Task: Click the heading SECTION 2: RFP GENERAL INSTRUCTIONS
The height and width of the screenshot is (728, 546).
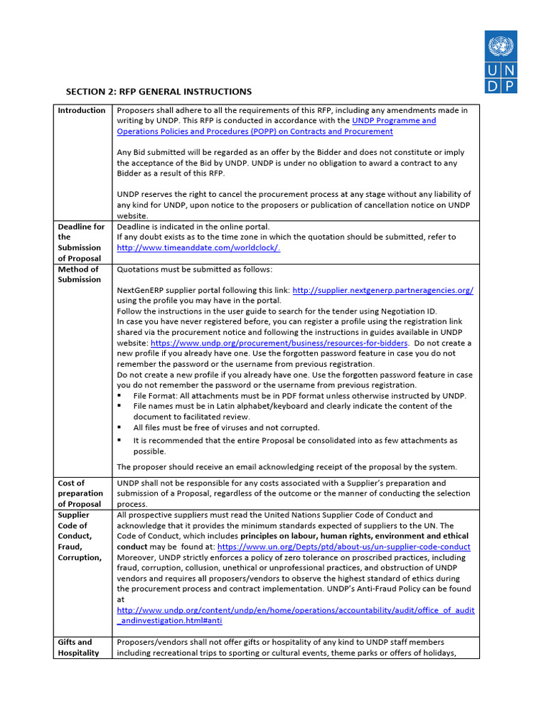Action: (x=159, y=92)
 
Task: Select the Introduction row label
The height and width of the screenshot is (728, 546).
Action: (x=82, y=110)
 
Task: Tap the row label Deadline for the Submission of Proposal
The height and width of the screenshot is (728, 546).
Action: (x=81, y=242)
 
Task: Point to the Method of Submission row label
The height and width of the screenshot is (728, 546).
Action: (x=78, y=274)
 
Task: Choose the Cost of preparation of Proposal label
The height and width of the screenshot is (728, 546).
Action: (x=80, y=493)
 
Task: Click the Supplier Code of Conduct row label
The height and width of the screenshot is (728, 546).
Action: (x=80, y=536)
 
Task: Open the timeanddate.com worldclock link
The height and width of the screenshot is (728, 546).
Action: (x=198, y=247)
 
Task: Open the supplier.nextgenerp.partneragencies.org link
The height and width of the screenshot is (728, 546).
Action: (x=382, y=290)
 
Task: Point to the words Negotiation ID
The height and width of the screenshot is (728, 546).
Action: (x=406, y=311)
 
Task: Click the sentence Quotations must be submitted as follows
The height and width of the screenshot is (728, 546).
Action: (x=194, y=269)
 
